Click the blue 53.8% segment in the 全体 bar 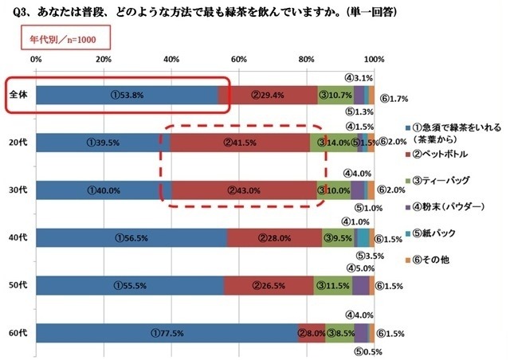point(127,94)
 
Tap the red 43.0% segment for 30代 point(245,190)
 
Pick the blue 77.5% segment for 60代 point(167,333)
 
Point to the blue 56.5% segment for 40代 point(131,237)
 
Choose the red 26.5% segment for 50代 point(269,285)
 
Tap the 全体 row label point(18,94)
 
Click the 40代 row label point(18,237)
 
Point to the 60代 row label point(18,333)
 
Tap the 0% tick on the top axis point(36,60)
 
